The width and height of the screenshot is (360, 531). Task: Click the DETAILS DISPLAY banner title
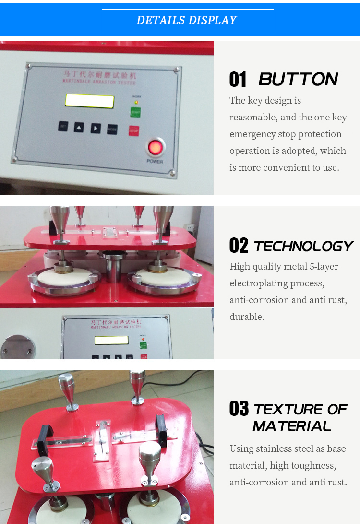coord(187,20)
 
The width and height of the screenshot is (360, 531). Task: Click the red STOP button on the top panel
coord(133,130)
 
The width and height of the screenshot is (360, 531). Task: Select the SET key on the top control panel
coord(63,126)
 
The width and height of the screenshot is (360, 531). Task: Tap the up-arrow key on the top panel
coord(79,127)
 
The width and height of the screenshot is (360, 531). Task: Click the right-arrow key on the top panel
coord(96,128)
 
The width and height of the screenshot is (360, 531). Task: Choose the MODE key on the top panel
coord(112,129)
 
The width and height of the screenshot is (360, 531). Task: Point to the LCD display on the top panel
coord(89,101)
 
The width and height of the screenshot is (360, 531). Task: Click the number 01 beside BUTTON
coord(238,79)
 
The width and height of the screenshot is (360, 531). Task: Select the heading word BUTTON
coord(298,79)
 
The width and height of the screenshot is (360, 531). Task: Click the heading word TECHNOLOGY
coord(303,246)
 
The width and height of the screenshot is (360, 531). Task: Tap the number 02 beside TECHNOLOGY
coord(239,246)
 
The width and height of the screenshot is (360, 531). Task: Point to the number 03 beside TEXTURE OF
coord(239,409)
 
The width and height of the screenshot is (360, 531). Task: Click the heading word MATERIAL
coord(292,425)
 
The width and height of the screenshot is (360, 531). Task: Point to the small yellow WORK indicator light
coord(136,102)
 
